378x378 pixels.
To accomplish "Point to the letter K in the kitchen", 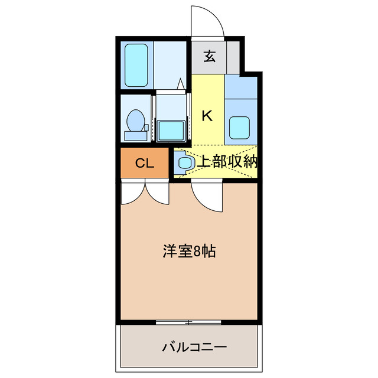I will coord(207,116).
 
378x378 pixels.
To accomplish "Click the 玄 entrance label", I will coord(209,57).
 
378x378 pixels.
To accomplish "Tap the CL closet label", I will coord(145,164).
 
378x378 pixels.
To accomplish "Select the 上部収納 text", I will coord(227,162).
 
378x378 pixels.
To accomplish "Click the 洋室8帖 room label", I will coord(189,251).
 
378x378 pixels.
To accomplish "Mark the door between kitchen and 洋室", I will coord(207,198).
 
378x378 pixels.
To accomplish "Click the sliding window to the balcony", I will coord(189,322).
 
